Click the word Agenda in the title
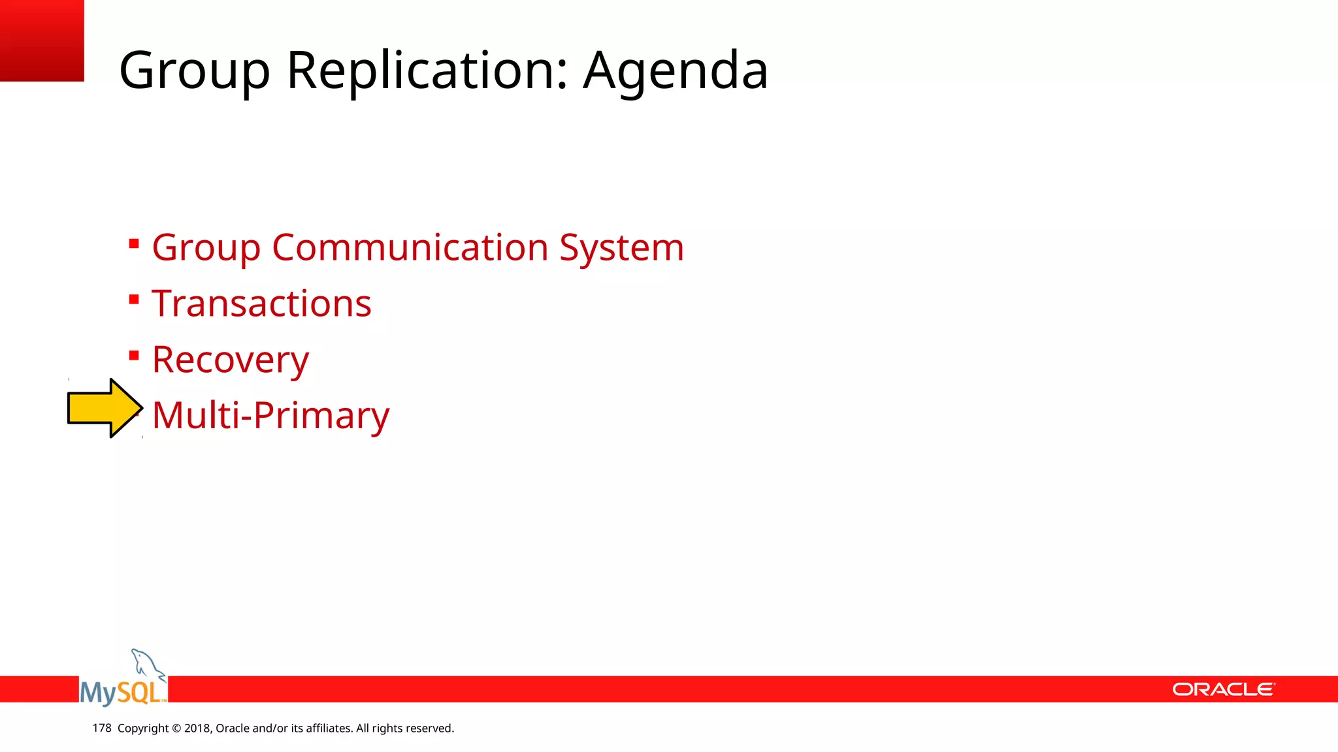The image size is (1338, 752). tap(675, 70)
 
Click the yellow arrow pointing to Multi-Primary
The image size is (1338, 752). tap(105, 408)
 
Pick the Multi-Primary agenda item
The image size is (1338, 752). tap(270, 416)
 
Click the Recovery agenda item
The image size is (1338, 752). tap(230, 360)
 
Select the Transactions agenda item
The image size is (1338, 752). tap(261, 304)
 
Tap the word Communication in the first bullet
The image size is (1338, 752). tap(410, 247)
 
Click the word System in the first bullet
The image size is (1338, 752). tap(621, 248)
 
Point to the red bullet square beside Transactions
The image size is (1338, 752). tap(134, 300)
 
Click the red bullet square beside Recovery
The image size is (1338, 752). tap(134, 356)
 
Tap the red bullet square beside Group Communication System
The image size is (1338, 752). tap(134, 244)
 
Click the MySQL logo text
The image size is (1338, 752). tap(122, 692)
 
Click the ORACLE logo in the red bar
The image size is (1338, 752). tap(1223, 689)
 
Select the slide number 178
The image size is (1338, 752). tap(102, 728)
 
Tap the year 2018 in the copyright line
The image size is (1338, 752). tap(197, 728)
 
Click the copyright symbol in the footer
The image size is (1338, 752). tap(176, 728)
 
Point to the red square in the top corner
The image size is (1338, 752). tap(42, 40)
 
